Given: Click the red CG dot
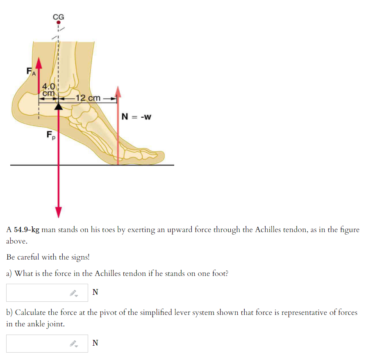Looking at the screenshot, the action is (58, 23).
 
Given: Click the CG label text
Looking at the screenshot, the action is (58, 17).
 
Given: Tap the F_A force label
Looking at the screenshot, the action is (31, 71).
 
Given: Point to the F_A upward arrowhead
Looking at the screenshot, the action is (39, 63).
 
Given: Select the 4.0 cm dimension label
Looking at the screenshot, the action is (48, 90).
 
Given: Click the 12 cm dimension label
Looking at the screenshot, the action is (88, 98).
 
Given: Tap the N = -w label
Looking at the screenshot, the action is (136, 117).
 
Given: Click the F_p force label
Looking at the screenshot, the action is (51, 135).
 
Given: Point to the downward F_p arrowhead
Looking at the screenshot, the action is (58, 212).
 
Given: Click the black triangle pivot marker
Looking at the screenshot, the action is (58, 106).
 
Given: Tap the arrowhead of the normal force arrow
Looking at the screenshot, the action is (118, 91).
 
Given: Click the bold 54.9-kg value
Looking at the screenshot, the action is (27, 230).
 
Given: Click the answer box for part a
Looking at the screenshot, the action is (47, 292).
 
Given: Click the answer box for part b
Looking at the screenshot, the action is (47, 344).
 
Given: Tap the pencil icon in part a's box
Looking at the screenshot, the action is (74, 293).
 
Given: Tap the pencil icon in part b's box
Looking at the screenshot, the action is (74, 344).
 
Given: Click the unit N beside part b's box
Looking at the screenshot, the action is (95, 343).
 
